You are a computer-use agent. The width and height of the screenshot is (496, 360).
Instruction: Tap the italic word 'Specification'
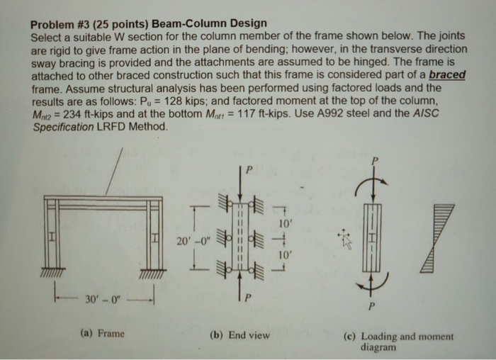tap(60, 127)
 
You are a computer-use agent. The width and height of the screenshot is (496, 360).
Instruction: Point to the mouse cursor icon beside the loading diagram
tap(344, 238)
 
